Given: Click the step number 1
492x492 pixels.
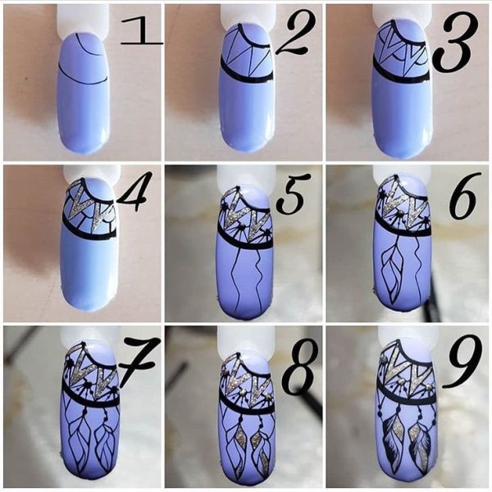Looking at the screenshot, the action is tap(142, 31).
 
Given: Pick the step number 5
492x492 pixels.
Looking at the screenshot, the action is tap(292, 196).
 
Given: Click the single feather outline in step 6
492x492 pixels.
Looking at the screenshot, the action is tap(392, 274).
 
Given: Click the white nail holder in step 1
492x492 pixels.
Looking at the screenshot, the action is tap(84, 20).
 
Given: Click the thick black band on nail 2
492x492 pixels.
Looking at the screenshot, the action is tap(247, 75).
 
